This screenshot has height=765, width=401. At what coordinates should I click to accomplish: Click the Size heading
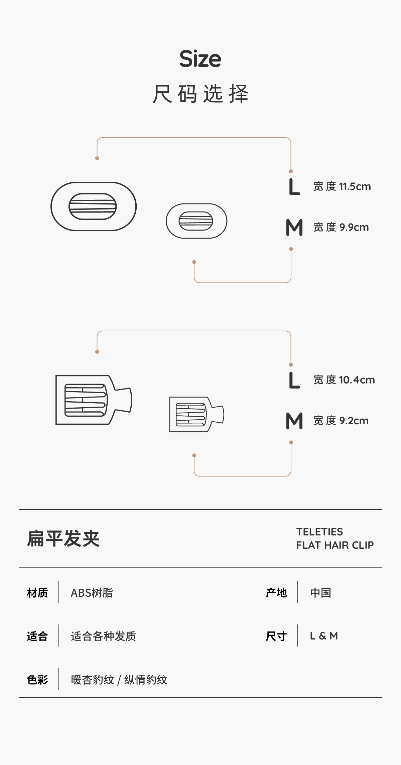pos(200,59)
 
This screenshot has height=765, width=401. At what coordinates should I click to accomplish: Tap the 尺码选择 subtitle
pos(200,94)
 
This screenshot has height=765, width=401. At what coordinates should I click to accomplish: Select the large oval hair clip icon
pos(93,206)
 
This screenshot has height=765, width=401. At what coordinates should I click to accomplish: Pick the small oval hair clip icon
pos(196,221)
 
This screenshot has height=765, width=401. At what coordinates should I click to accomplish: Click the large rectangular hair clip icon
pos(94,400)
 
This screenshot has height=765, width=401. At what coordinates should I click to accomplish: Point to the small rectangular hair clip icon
pos(196,414)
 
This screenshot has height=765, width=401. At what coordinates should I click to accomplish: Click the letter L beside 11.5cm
pos(294,187)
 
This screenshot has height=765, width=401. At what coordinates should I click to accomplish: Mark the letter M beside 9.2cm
pos(294,421)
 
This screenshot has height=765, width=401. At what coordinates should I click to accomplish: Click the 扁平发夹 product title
pos(63,538)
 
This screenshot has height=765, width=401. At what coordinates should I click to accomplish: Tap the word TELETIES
pos(319,532)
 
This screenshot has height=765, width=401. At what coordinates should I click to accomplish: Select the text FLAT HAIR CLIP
pos(335,545)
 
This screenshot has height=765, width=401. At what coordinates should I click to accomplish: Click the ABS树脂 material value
pos(92,593)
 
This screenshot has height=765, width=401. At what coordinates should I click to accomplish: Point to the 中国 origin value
pos(320,593)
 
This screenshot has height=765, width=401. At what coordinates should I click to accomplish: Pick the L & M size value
pos(324,636)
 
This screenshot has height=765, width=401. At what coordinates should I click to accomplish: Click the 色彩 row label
pos(37,680)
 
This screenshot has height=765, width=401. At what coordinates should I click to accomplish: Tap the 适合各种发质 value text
pos(103,636)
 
